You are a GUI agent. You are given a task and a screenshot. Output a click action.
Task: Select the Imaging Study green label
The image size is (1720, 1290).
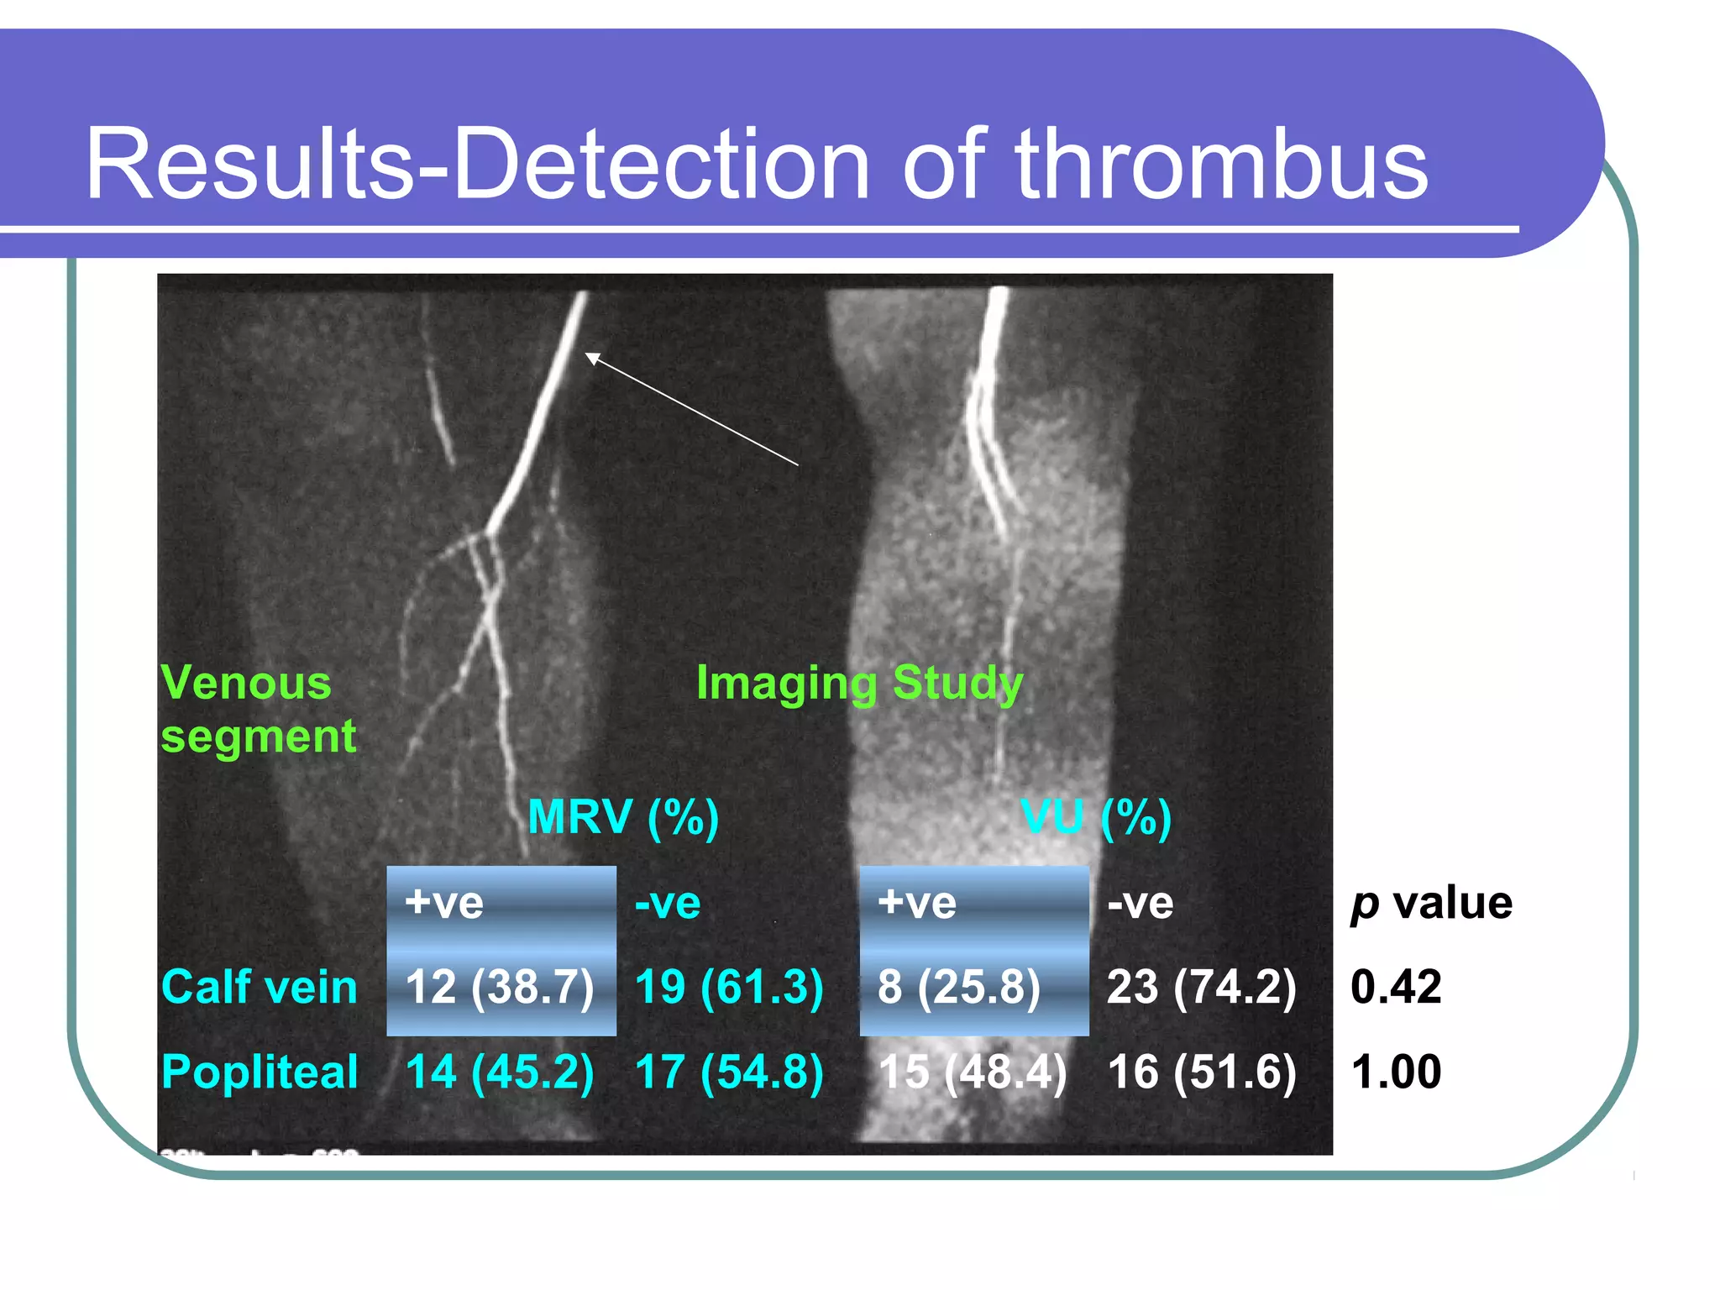click(x=859, y=683)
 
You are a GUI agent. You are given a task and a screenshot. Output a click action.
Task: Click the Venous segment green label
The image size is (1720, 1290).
click(x=258, y=710)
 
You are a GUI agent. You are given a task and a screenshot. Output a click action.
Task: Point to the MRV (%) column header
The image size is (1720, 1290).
click(x=623, y=816)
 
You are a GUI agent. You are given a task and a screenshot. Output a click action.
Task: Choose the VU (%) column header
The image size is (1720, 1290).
click(x=1096, y=816)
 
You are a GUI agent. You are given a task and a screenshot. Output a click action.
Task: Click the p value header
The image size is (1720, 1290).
click(x=1431, y=904)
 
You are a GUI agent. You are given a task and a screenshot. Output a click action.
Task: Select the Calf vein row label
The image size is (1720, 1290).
click(x=260, y=987)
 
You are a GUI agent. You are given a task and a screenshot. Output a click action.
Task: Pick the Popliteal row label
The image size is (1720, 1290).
click(x=260, y=1072)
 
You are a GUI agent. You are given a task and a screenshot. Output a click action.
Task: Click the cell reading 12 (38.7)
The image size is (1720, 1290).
click(x=500, y=987)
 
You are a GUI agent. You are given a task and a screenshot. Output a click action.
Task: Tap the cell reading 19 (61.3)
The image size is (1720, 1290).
click(x=729, y=987)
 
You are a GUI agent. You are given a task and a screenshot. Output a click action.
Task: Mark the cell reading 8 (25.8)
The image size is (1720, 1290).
click(x=959, y=987)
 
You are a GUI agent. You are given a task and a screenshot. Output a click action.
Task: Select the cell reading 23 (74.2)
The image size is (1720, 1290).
click(x=1202, y=987)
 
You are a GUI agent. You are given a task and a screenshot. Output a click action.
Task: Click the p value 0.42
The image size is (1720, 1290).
click(x=1396, y=987)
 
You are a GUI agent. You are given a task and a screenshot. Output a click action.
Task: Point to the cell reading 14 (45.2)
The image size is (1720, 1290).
click(x=500, y=1072)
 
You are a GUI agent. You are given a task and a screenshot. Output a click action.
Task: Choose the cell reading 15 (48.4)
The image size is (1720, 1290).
click(x=973, y=1072)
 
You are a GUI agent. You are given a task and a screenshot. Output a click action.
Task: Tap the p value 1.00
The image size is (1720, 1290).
click(x=1396, y=1072)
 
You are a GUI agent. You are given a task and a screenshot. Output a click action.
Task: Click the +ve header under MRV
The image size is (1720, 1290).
click(x=444, y=904)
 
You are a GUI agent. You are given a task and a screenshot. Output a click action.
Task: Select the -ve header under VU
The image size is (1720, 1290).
click(x=1140, y=904)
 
